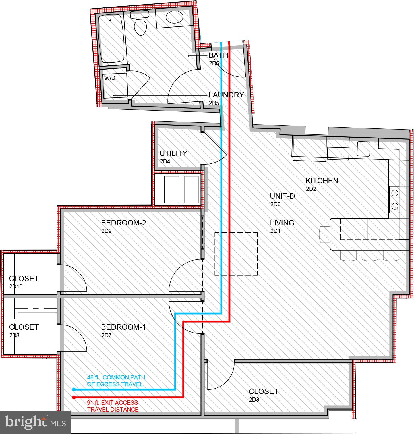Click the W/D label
110,78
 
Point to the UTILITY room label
173,153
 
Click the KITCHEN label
322,181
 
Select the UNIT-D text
282,196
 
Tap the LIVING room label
282,223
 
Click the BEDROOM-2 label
123,223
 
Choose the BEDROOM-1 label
123,327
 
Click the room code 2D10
16,286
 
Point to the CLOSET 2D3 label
263,391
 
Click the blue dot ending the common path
74,389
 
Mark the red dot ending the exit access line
74,397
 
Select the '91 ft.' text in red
93,403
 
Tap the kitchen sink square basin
363,149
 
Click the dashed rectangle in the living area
236,254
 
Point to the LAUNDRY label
226,95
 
